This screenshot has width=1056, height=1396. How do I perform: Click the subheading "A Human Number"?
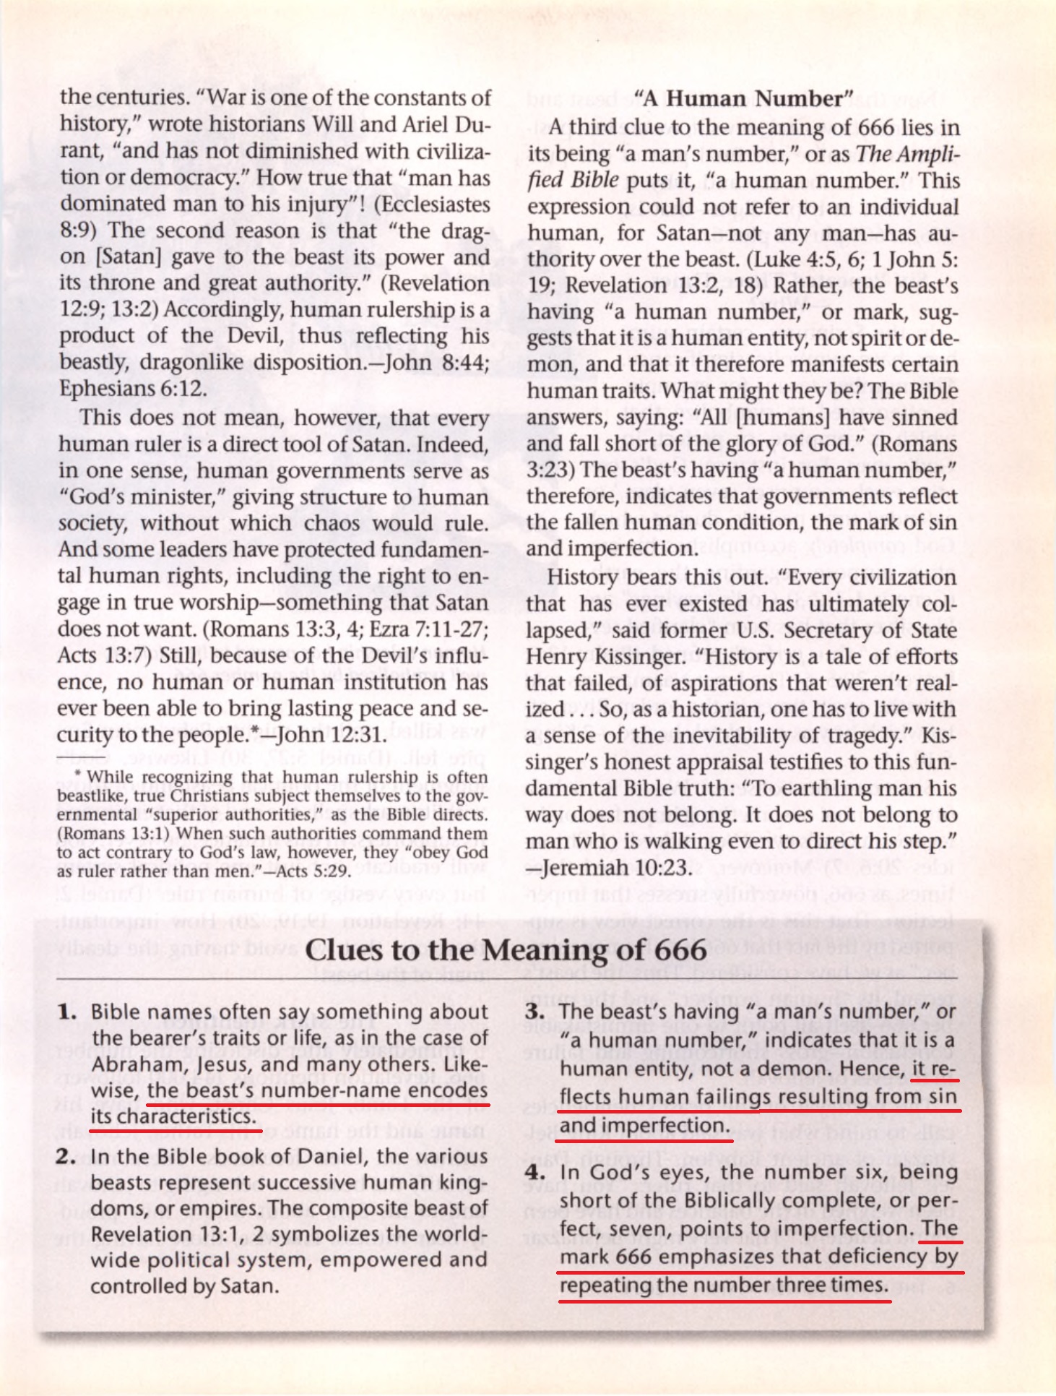(743, 98)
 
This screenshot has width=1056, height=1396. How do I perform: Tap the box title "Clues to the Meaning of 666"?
(506, 949)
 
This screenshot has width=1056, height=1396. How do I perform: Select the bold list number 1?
(67, 1012)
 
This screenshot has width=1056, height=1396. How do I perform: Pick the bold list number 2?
(66, 1156)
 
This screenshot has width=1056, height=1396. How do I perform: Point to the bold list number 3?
(535, 1012)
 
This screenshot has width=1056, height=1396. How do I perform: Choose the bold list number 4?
(535, 1172)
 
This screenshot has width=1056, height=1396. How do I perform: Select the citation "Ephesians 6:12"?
(133, 389)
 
